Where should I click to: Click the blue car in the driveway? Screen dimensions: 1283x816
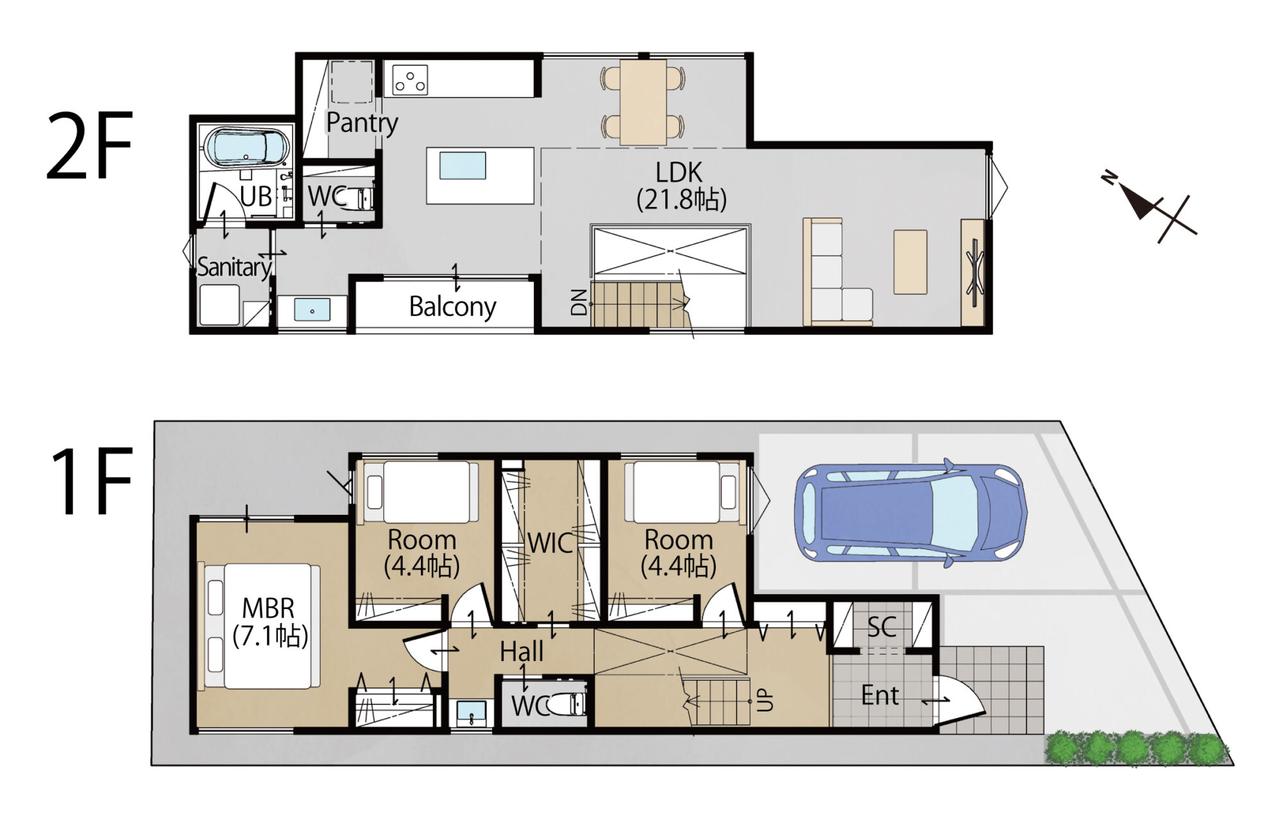point(910,513)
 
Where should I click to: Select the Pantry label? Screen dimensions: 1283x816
point(362,122)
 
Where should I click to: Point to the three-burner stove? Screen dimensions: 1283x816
point(410,80)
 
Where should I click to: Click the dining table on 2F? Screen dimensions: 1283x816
point(643,102)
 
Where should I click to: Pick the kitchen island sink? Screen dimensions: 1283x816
point(463,166)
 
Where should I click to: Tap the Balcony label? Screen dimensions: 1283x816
point(452,307)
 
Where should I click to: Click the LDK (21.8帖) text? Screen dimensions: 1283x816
point(681,187)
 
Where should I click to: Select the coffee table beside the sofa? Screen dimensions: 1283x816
point(910,262)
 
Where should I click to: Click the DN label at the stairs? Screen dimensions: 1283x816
point(579,302)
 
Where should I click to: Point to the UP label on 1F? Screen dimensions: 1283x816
point(765,701)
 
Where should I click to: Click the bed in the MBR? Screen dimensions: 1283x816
point(263,626)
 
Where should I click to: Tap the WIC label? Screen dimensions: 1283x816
point(550,544)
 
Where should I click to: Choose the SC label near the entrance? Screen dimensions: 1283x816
point(881,628)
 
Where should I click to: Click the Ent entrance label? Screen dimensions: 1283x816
point(879,695)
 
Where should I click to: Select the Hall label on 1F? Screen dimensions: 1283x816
point(522,652)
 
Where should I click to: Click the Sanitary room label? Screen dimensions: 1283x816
point(234,267)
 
